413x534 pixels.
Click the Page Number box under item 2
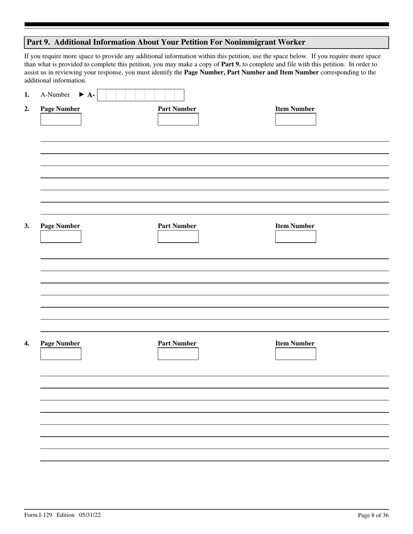60,119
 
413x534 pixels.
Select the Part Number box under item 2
178,119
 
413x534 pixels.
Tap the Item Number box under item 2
295,119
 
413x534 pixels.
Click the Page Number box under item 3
60,237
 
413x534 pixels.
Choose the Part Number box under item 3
178,237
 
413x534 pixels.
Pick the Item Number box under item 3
295,237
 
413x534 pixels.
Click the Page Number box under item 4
60,354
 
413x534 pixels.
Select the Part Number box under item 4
178,354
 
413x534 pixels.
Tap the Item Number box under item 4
295,354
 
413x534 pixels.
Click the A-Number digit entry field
140,95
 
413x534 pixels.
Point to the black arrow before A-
82,95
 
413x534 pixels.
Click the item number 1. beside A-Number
27,95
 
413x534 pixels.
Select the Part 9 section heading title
166,42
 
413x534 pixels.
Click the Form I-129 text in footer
38,515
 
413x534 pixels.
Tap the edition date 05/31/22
90,515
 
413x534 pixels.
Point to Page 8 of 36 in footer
373,515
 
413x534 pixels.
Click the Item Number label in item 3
295,226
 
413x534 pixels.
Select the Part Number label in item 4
177,343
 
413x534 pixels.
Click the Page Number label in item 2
60,109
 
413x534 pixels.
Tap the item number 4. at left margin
27,343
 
